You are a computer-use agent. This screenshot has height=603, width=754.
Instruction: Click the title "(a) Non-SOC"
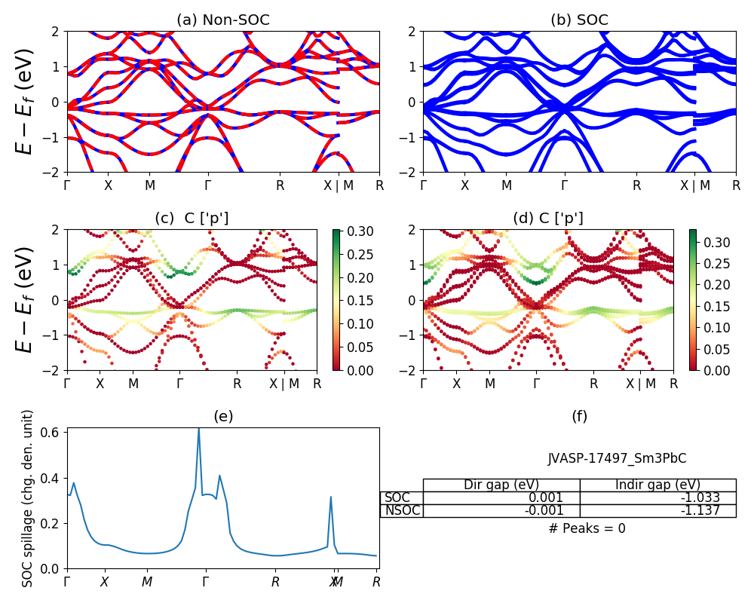coord(222,20)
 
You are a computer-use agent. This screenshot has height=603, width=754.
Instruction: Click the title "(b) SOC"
coord(579,20)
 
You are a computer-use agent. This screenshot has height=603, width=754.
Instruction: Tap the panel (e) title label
coord(222,416)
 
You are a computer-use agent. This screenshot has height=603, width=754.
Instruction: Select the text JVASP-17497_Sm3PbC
coord(617,458)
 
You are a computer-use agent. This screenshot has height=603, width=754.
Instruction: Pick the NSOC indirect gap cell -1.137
coord(657,510)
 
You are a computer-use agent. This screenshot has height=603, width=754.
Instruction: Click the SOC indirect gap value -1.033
coord(657,497)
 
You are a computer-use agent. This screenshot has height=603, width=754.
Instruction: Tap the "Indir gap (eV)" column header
coord(657,485)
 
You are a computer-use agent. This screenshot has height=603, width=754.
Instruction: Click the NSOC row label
coord(401,510)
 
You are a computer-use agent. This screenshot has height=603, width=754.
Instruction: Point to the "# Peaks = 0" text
coord(587,528)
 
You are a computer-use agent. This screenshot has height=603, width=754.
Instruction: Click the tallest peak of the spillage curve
coord(199,429)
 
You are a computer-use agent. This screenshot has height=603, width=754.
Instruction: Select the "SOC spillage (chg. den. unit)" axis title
coord(28,498)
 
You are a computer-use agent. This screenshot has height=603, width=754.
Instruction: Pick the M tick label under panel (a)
coord(150,185)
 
